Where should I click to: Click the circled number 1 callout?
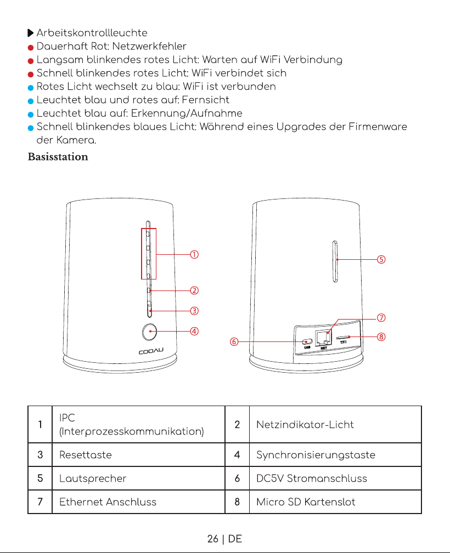(x=194, y=255)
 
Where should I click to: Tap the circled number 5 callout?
(x=381, y=260)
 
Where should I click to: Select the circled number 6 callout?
(x=234, y=342)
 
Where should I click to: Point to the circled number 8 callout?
(x=381, y=337)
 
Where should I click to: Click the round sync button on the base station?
(x=149, y=332)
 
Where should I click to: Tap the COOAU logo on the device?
(x=151, y=351)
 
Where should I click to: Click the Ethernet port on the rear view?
(x=324, y=338)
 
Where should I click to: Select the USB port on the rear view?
(x=307, y=342)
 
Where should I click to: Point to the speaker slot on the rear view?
(x=335, y=261)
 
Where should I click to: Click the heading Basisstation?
(x=58, y=157)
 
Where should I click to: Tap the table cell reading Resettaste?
(x=86, y=455)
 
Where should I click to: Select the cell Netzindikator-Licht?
(x=305, y=425)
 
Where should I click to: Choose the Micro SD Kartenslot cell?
(x=306, y=502)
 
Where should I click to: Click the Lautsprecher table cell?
(x=93, y=478)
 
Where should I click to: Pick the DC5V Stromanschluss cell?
(x=312, y=478)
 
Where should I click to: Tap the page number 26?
(x=212, y=539)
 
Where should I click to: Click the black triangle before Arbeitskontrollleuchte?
(x=31, y=33)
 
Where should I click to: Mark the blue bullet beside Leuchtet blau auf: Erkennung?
(x=31, y=114)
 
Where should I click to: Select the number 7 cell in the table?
(x=40, y=502)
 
